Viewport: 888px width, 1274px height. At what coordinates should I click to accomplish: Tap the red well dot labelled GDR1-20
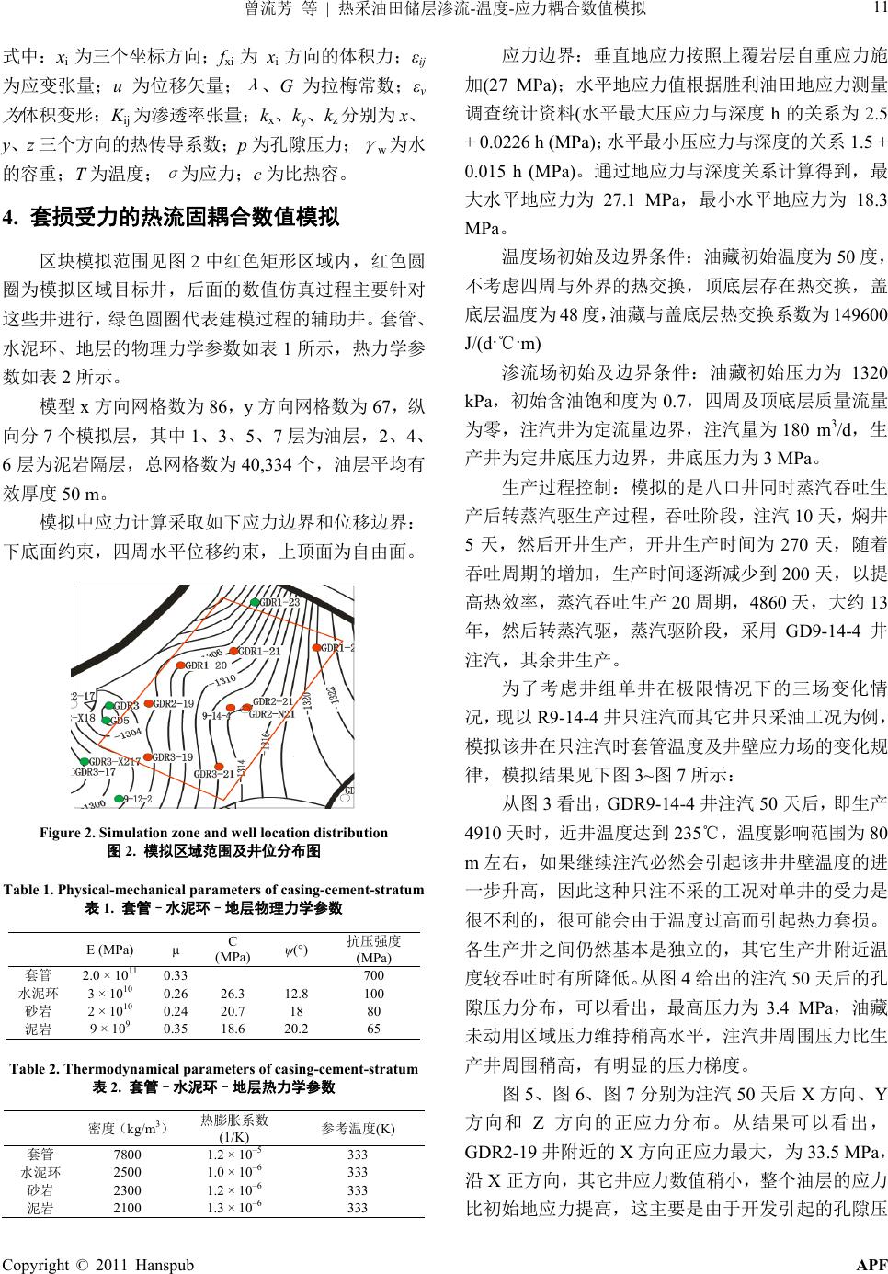(180, 665)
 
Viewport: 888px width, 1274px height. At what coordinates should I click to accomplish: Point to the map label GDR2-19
(174, 704)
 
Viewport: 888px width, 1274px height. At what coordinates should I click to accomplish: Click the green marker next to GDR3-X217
(85, 762)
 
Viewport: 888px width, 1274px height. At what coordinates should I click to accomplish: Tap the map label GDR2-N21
(274, 713)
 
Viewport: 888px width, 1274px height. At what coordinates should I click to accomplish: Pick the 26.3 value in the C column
(233, 994)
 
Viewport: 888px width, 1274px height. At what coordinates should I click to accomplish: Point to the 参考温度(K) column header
(358, 1128)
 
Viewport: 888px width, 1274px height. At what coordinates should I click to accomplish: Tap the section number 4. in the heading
(12, 219)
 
